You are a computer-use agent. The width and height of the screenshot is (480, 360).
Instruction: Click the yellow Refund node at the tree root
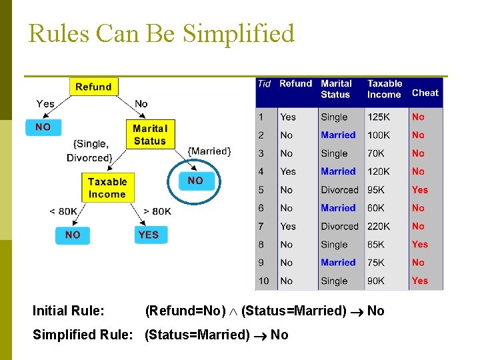click(x=93, y=87)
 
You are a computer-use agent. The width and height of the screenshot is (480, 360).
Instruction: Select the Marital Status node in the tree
click(x=149, y=135)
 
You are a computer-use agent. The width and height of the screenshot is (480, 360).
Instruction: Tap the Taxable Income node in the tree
click(x=107, y=188)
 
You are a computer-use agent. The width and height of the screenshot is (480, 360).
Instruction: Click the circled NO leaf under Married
click(x=195, y=181)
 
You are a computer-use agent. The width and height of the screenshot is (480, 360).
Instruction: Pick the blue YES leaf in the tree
click(x=149, y=235)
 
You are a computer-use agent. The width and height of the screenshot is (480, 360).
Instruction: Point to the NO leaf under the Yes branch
click(x=43, y=127)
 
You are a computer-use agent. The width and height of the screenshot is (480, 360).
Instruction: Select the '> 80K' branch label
click(x=157, y=211)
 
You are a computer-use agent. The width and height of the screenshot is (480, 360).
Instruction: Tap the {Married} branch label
click(x=209, y=151)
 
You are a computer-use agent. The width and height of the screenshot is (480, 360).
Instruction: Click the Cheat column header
click(x=425, y=93)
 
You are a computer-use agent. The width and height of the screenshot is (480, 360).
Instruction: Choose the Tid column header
click(x=264, y=84)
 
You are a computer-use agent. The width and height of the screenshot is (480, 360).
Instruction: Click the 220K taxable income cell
click(x=379, y=226)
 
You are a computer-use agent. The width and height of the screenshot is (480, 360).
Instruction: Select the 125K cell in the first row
click(x=379, y=117)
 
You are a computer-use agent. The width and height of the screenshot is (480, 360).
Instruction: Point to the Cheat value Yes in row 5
click(x=419, y=189)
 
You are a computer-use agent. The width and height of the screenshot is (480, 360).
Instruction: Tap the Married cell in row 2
click(x=338, y=135)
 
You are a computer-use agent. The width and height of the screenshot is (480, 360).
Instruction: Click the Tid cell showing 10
click(x=264, y=281)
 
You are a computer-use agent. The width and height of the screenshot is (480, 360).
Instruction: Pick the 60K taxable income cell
click(x=377, y=208)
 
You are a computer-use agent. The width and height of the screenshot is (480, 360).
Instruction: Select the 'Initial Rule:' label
click(x=69, y=311)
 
